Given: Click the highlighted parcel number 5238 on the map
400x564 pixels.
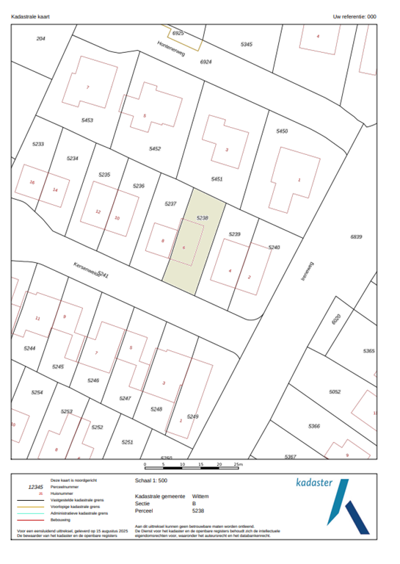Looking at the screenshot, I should [x=203, y=217].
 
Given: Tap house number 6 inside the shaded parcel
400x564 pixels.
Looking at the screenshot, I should [x=183, y=247].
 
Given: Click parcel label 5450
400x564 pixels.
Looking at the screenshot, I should [x=281, y=131].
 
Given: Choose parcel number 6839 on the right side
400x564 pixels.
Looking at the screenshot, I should [x=357, y=236].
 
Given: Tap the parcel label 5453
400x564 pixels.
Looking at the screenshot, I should [x=87, y=119].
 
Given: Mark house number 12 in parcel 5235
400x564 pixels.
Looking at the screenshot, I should [x=98, y=211].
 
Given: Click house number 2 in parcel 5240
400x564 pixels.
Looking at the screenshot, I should [x=250, y=276].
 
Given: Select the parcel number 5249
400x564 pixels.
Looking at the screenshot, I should [x=192, y=416].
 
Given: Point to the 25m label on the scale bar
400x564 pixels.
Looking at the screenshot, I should [x=238, y=465].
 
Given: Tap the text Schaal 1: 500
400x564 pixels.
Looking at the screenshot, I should [x=152, y=481].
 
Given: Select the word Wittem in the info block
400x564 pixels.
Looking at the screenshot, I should [x=200, y=496].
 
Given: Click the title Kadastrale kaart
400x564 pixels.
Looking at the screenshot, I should [x=30, y=15].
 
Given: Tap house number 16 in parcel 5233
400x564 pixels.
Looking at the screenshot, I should [x=32, y=182].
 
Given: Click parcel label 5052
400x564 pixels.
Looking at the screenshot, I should [x=335, y=392].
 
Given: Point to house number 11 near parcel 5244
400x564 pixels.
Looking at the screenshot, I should [x=37, y=318].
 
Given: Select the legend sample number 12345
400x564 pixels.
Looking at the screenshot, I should [x=36, y=487].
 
